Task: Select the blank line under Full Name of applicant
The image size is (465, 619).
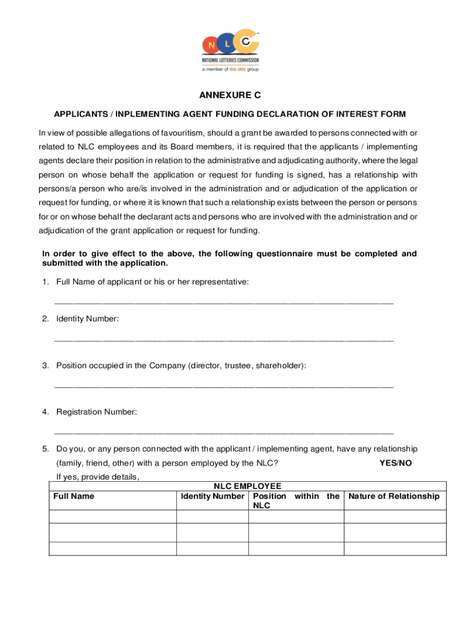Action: (224, 302)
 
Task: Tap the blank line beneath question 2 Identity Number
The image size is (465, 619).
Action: (224, 340)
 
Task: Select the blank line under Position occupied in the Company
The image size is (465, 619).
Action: (224, 386)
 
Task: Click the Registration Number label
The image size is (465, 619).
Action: (97, 412)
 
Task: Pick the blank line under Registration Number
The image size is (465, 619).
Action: (224, 433)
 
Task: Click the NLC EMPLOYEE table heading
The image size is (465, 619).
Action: (247, 485)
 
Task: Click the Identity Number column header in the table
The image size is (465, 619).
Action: (213, 496)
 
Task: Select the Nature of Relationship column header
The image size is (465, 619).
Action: (394, 496)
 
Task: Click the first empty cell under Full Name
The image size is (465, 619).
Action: (112, 517)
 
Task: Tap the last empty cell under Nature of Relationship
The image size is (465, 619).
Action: (394, 548)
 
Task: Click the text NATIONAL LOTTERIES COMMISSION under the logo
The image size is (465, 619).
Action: (230, 60)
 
